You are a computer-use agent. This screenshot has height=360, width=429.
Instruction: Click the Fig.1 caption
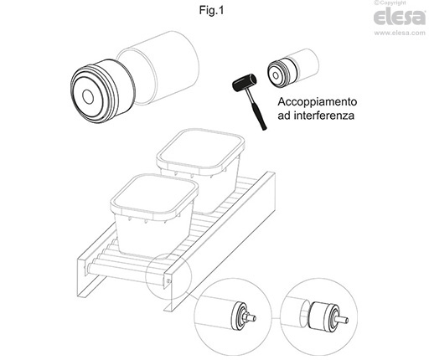click(x=211, y=11)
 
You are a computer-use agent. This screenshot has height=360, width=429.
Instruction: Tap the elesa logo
click(x=400, y=18)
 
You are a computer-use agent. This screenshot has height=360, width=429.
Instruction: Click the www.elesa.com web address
click(x=400, y=33)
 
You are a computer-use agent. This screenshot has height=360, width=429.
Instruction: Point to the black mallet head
click(x=244, y=83)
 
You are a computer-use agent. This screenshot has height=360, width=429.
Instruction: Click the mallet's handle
click(x=256, y=110)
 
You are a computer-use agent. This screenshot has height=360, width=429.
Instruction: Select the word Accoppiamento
click(x=318, y=102)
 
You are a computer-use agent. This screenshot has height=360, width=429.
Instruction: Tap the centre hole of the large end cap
click(x=88, y=96)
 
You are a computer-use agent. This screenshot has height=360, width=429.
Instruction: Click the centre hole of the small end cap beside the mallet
click(x=276, y=75)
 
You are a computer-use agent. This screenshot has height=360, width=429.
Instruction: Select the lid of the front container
click(x=154, y=196)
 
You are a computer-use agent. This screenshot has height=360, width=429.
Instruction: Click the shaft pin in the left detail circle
click(x=250, y=316)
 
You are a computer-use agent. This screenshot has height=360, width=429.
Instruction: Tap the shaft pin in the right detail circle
click(x=342, y=319)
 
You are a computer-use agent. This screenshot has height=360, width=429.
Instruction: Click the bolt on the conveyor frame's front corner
click(x=168, y=280)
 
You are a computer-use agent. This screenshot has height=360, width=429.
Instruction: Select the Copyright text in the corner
click(x=390, y=3)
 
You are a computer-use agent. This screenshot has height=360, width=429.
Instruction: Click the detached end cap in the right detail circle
click(x=324, y=317)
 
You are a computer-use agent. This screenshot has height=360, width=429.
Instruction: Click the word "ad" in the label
click(x=283, y=116)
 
